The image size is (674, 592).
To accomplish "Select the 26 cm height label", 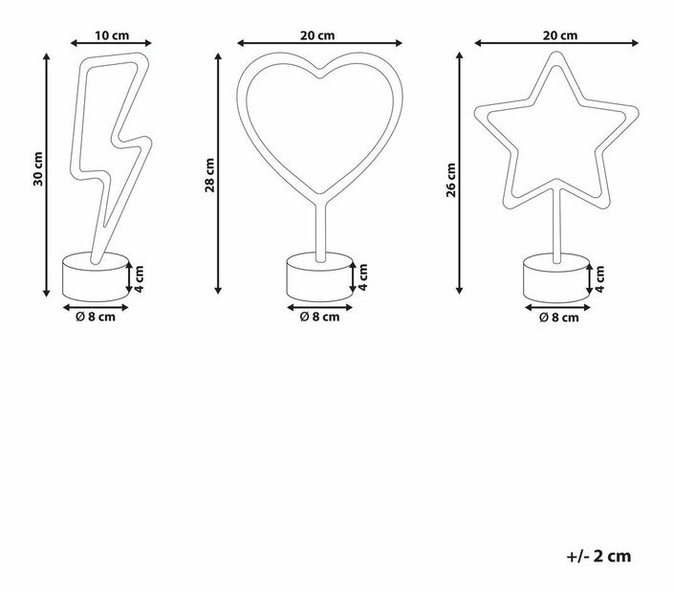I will (x=451, y=179).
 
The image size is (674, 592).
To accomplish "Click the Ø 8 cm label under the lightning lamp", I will (x=96, y=318).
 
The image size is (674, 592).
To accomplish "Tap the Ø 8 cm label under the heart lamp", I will (x=319, y=318).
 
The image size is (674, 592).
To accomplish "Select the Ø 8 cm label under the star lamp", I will (x=558, y=318).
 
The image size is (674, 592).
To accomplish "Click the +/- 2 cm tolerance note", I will (x=598, y=556).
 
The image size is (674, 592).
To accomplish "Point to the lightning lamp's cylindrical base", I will (x=95, y=275).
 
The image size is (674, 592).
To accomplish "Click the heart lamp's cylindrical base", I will (x=318, y=275).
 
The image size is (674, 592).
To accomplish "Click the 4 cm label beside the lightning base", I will (x=140, y=278).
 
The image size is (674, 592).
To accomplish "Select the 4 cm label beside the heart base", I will (x=363, y=278).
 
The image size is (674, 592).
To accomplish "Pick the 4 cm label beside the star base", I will (x=600, y=278).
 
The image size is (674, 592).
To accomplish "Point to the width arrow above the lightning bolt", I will (x=112, y=44).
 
